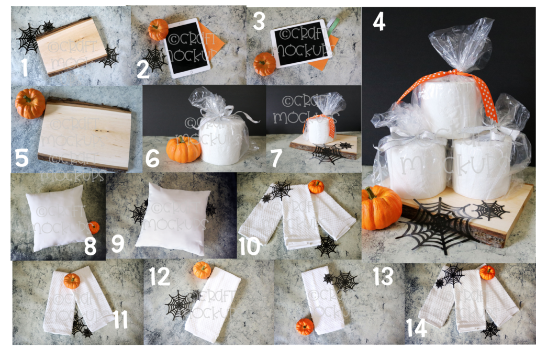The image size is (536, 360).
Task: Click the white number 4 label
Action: (379, 21)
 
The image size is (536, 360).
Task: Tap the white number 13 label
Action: (383, 276)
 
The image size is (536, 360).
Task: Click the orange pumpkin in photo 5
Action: (30, 103)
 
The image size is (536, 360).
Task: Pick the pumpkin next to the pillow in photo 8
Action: (94, 227)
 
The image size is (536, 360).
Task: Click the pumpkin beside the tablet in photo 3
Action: (264, 64)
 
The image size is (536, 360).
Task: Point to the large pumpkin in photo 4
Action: (381, 208)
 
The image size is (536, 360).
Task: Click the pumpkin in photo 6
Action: (183, 149)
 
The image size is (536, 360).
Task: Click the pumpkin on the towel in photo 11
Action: (72, 281)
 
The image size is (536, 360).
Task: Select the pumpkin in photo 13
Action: (305, 327)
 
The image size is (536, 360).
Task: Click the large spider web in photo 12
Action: (179, 305)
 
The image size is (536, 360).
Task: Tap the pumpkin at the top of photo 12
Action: (202, 270)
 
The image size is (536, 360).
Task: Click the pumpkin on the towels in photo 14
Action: (487, 272)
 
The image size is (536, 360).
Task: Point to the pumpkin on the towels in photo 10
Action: (316, 187)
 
